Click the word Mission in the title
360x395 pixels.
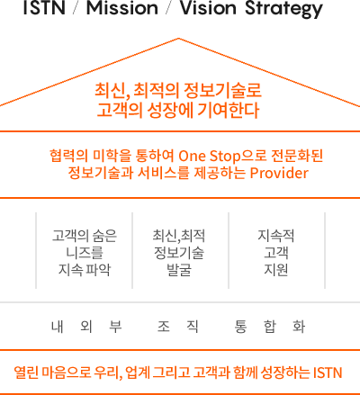coord(122,7)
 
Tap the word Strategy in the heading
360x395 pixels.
coord(283,9)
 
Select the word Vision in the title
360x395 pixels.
coord(208,7)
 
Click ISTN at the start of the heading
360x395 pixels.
coord(44,7)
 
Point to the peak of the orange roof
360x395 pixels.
coord(178,39)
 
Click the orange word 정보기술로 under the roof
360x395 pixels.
coord(222,90)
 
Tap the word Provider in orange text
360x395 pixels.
coord(279,173)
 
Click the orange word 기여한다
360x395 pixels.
coord(229,110)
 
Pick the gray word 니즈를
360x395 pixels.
coord(85,253)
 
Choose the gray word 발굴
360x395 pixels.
coord(179,270)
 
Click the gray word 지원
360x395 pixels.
coord(276,270)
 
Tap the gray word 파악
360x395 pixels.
coord(98,270)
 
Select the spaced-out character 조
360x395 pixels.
coord(164,327)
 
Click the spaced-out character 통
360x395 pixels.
coord(240,327)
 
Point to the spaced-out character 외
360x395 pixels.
coord(86,327)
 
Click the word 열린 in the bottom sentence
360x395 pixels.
coord(26,373)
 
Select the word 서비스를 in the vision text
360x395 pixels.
coord(164,173)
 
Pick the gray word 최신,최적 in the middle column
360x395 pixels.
coord(179,236)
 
